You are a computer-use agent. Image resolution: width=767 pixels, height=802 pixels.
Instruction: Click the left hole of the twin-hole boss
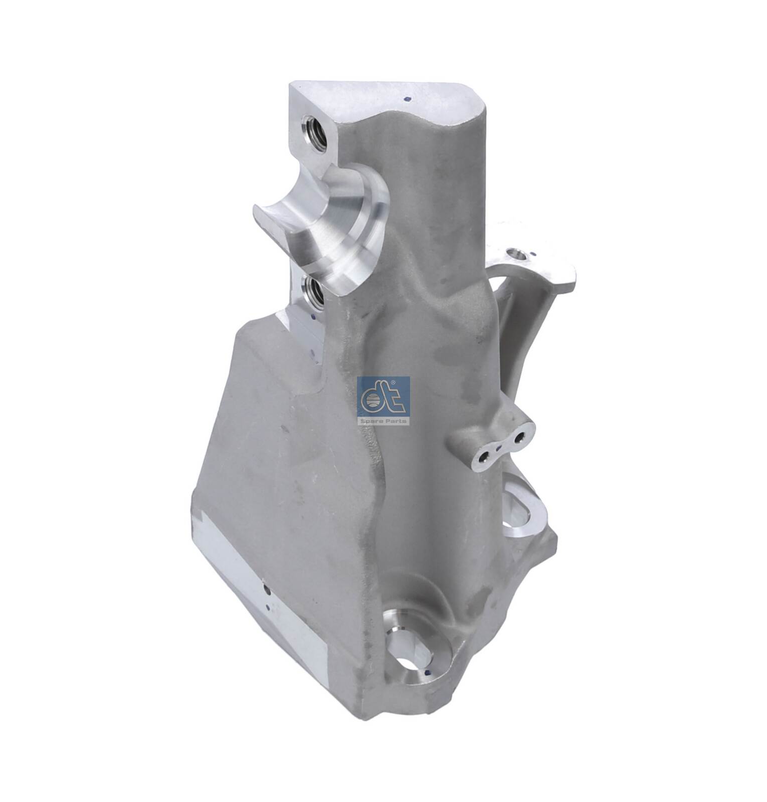point(485,455)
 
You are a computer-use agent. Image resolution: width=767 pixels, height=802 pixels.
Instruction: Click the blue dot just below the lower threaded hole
point(314,317)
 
